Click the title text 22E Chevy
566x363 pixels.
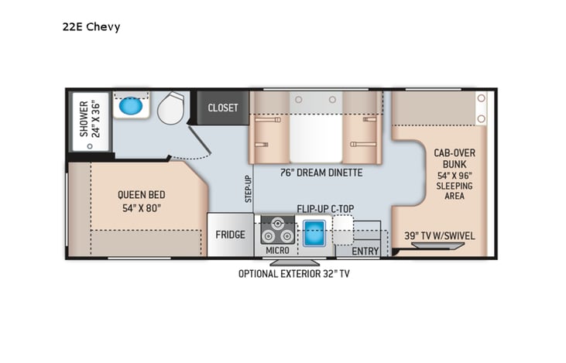(x=91, y=27)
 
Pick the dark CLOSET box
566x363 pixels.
(x=223, y=108)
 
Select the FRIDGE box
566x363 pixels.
(x=230, y=235)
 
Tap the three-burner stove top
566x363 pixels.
(x=276, y=231)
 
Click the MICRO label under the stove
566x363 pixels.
(x=276, y=251)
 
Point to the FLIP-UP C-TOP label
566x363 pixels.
(x=326, y=209)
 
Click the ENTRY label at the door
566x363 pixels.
(x=365, y=251)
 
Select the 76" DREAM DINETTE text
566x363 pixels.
(x=323, y=173)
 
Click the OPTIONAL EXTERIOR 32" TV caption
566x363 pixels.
(x=299, y=273)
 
